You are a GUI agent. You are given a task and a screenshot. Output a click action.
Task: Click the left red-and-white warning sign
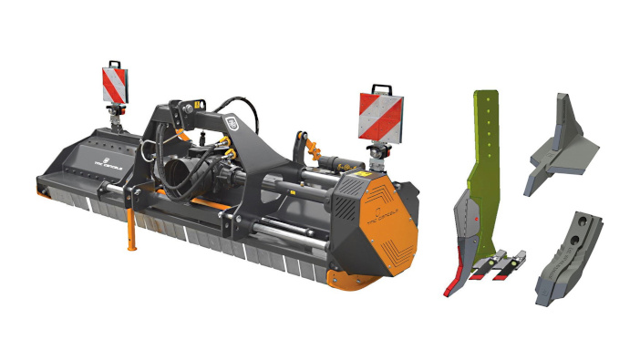pyautogui.click(x=115, y=85)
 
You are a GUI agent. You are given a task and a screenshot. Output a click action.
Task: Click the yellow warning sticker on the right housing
pyautogui.click(x=366, y=170)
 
